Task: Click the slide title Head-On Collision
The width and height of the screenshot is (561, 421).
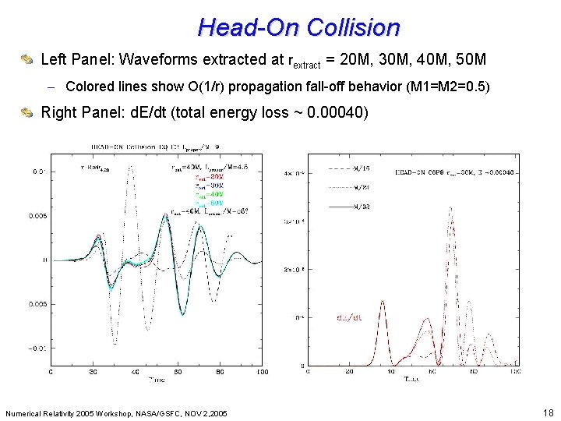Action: [298, 27]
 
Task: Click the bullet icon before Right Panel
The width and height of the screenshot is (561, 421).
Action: [26, 113]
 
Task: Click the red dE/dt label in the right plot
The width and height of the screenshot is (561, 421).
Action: [348, 317]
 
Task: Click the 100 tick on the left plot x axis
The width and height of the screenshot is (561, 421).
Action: [262, 372]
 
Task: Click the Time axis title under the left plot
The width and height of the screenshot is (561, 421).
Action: [156, 380]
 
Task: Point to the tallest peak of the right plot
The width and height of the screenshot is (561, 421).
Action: [451, 207]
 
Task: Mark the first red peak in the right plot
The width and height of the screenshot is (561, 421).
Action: [382, 301]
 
